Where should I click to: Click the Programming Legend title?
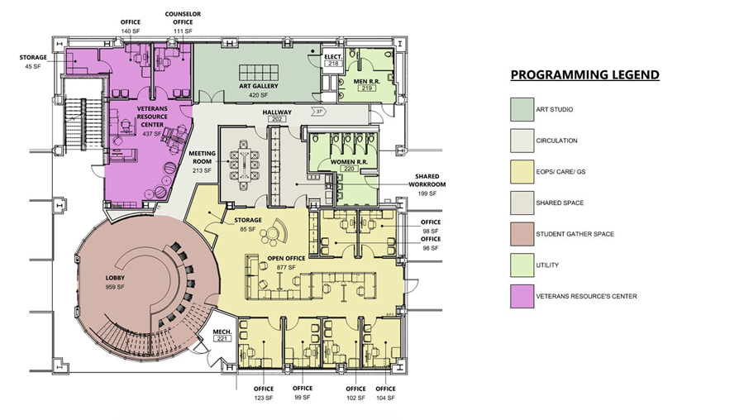pos(584,75)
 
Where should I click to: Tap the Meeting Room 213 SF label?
pos(202,162)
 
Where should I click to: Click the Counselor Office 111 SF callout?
pos(184,22)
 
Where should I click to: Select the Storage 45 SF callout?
pos(34,62)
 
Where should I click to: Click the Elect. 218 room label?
pos(334,60)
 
